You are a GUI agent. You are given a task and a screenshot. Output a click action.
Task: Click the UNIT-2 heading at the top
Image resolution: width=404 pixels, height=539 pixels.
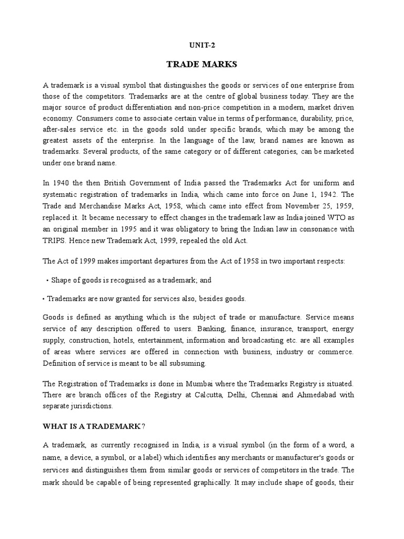[x=201, y=45]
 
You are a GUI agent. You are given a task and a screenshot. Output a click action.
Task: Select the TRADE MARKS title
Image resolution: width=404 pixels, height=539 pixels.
[x=201, y=65]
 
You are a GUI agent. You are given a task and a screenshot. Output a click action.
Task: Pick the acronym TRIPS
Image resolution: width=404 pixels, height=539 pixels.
[x=55, y=241]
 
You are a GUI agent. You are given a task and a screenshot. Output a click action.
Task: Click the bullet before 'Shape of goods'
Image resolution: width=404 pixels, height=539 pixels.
[x=48, y=281]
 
